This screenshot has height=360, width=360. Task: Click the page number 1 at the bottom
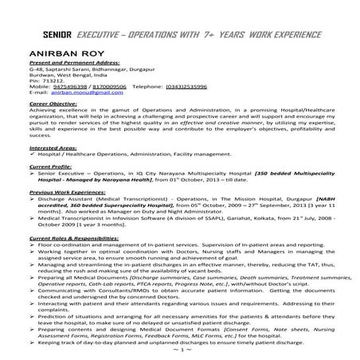pos(181,350)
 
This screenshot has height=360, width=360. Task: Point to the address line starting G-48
pos(95,69)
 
